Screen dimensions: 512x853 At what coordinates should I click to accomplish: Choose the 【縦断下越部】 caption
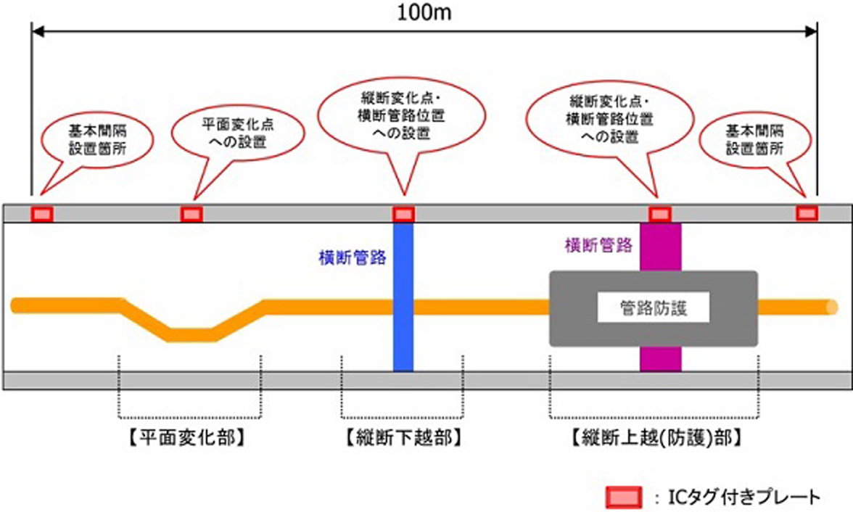coord(403,438)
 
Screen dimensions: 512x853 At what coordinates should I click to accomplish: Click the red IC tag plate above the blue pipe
coord(403,214)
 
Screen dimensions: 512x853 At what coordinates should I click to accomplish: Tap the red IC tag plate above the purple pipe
coord(659,214)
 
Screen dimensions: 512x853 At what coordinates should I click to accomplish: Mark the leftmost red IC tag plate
coord(42,214)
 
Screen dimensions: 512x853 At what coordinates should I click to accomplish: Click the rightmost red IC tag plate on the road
coord(807,212)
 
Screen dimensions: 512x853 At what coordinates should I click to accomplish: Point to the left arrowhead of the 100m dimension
coord(36,31)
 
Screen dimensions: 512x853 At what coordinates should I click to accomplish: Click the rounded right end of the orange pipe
coord(831,307)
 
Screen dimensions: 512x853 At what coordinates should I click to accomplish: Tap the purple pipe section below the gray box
coord(660,359)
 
